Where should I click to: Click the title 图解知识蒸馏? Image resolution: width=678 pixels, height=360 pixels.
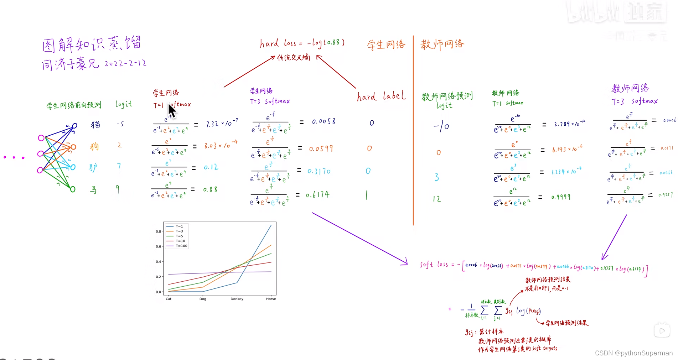coord(92,45)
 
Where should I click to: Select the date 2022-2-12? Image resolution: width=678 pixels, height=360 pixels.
coord(125,63)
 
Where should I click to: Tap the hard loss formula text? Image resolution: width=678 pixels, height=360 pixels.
coord(302,43)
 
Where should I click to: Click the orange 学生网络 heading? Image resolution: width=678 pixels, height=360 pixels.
coord(386,45)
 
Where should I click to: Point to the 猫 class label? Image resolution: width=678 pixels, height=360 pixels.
coord(95,124)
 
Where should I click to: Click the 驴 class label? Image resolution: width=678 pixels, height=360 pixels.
coord(93,167)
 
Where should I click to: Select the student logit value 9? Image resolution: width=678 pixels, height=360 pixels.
coord(118,189)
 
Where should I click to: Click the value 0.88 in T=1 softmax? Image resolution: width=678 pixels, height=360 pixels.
coord(210,189)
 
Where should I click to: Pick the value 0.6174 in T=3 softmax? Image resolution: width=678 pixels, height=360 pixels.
coord(318,194)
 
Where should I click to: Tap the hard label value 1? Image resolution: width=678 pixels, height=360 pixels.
coord(367,195)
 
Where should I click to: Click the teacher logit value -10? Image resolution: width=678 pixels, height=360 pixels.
coord(441,126)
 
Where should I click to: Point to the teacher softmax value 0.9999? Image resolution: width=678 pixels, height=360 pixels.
coord(561,197)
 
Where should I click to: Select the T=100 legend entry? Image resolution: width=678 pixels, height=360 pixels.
coord(181,246)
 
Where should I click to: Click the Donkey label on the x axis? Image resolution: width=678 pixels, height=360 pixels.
coord(237,299)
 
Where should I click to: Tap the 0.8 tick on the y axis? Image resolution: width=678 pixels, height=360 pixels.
coord(158,231)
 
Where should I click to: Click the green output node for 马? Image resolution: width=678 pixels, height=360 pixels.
coord(73,189)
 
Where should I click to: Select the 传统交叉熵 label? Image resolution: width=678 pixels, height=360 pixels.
coord(294,57)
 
